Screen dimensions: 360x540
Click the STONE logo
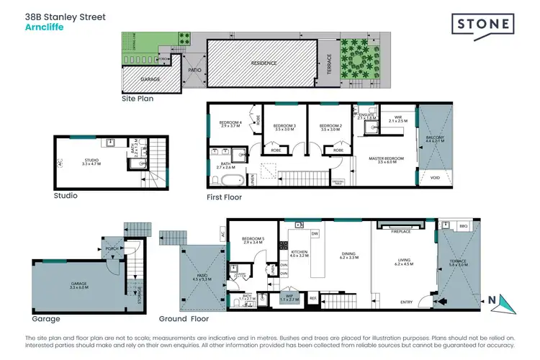click(x=482, y=24)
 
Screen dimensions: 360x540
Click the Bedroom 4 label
click(x=230, y=124)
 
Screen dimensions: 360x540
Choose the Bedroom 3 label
click(x=284, y=127)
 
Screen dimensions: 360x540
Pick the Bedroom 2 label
click(x=329, y=127)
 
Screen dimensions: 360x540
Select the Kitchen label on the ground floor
click(x=298, y=252)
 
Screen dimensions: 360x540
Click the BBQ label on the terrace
click(x=464, y=225)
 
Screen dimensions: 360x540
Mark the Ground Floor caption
click(x=184, y=318)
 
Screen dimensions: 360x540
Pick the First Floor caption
click(x=222, y=197)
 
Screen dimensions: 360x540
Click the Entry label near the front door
click(x=407, y=302)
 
